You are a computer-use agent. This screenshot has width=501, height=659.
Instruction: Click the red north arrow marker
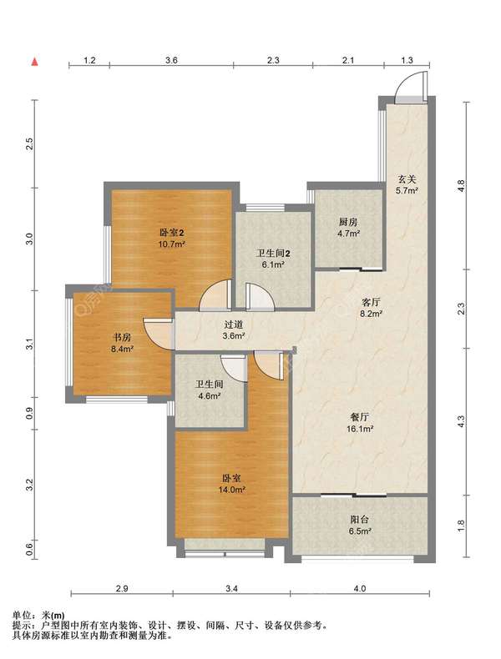click(35, 62)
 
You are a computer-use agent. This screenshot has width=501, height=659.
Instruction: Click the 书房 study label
click(122, 337)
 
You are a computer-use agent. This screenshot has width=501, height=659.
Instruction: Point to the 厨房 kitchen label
click(348, 222)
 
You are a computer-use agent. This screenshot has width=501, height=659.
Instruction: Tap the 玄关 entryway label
click(407, 179)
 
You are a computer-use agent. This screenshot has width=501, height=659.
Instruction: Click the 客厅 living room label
click(372, 302)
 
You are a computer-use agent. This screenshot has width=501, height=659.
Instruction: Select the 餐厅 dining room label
click(360, 417)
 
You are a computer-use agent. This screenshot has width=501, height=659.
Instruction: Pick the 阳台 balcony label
click(359, 520)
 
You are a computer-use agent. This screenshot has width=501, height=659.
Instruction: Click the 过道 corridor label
click(234, 324)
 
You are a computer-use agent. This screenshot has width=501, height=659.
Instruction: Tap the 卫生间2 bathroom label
click(274, 254)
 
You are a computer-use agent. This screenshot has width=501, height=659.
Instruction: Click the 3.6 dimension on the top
click(171, 60)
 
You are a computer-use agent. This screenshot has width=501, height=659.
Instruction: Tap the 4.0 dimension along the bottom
click(360, 589)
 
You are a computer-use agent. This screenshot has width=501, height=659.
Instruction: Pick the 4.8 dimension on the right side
click(462, 185)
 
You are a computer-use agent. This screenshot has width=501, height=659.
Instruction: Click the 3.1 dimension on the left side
click(29, 344)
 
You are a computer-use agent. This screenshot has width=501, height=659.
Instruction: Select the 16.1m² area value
click(360, 429)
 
